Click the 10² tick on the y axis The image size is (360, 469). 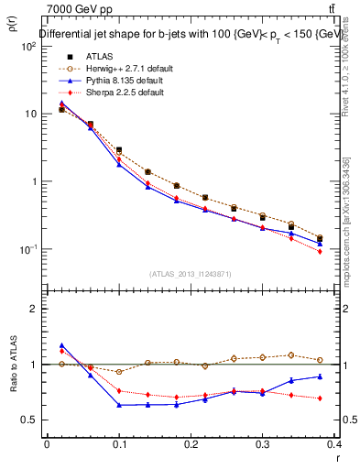[x=27, y=46]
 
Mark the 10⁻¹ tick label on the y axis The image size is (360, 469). [x=27, y=249]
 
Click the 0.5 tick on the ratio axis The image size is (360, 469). [x=29, y=420]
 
